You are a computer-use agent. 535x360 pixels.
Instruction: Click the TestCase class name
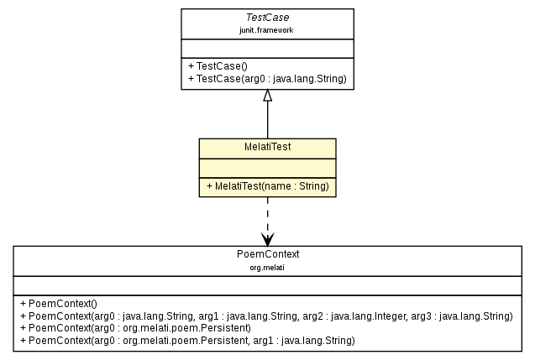267,17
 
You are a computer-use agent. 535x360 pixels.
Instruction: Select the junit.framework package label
267,29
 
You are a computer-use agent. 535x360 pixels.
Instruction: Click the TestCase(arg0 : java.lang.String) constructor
267,78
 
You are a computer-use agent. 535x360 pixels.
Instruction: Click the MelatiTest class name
267,148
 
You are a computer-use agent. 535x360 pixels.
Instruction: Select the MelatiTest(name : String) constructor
267,185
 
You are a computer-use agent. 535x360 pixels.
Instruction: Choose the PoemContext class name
267,254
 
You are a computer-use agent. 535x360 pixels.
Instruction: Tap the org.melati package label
267,267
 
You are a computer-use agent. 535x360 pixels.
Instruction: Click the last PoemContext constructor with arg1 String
186,340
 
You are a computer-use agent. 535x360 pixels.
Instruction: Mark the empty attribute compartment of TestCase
267,47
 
